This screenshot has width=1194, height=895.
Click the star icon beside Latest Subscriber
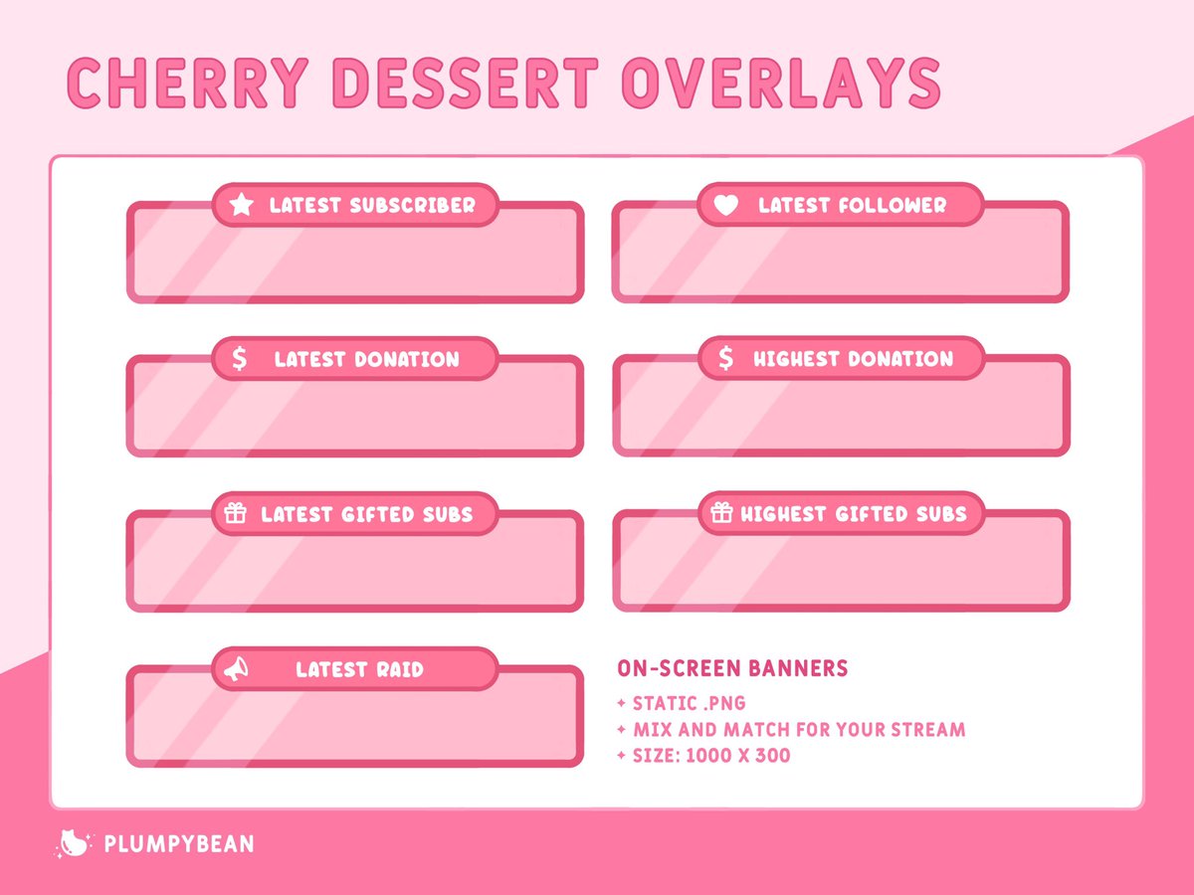(241, 205)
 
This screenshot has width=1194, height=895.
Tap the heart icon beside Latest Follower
(727, 205)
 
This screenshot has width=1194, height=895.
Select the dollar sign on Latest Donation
(239, 359)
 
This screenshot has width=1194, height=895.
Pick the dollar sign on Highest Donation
(726, 358)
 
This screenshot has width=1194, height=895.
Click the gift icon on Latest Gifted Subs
(235, 513)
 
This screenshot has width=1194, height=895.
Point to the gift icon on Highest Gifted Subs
(721, 513)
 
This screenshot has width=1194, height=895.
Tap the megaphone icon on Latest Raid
(235, 669)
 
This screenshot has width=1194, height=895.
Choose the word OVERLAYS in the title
(780, 83)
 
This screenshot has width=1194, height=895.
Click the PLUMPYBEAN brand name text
(179, 844)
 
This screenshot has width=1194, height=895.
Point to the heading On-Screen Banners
(732, 668)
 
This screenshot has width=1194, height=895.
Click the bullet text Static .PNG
(689, 703)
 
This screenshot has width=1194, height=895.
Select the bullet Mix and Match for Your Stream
(798, 729)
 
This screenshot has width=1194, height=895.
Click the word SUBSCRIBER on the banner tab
(412, 206)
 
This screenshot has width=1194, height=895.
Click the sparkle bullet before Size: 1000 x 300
(622, 755)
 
